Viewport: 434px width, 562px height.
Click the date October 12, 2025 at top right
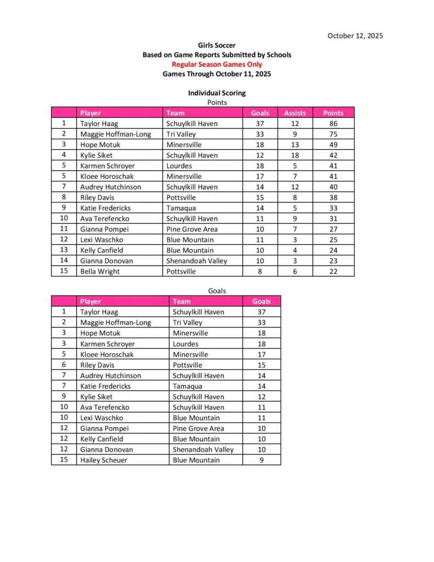click(x=355, y=36)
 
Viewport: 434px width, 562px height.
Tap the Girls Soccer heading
click(x=217, y=46)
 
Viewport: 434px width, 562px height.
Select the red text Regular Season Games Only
click(x=217, y=64)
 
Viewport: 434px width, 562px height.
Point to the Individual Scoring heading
click(x=217, y=93)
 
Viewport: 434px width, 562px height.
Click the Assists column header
click(x=295, y=113)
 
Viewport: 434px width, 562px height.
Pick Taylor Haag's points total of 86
click(x=333, y=123)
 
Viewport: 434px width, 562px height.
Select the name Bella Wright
click(x=100, y=271)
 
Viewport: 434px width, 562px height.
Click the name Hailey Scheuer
click(x=104, y=460)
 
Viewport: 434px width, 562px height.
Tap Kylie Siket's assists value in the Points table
click(x=295, y=155)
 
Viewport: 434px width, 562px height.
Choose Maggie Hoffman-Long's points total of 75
click(x=333, y=134)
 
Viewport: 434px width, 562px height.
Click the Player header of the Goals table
click(x=91, y=301)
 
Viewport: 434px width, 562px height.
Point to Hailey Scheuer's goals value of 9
click(x=261, y=460)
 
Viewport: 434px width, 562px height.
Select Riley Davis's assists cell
click(x=295, y=198)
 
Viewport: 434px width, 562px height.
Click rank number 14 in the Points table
click(x=64, y=261)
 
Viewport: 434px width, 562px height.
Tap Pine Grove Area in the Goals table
click(x=198, y=428)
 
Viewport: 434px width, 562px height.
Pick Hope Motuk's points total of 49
click(x=333, y=145)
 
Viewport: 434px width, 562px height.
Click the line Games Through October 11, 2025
click(x=217, y=74)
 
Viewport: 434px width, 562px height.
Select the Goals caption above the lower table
click(x=217, y=291)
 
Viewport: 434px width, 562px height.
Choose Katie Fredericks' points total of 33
click(x=333, y=208)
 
